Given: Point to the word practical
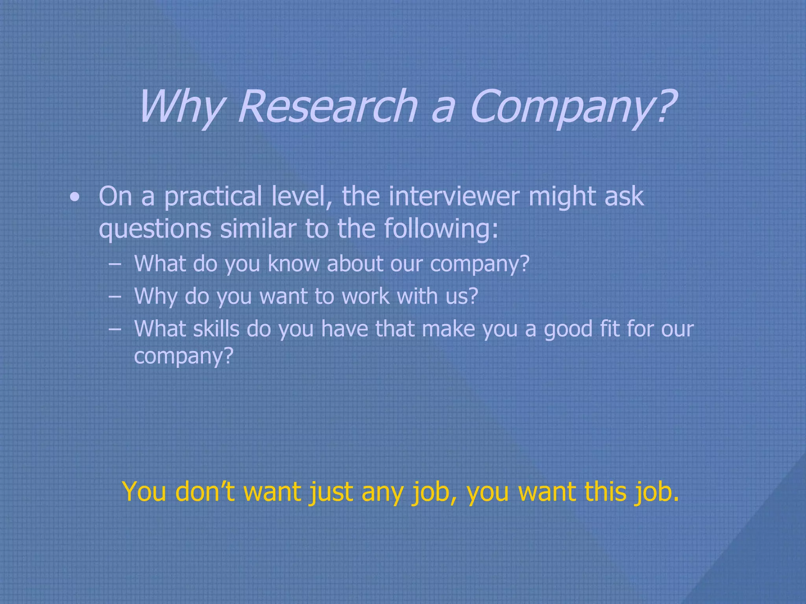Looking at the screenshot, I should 213,196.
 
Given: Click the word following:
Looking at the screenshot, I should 441,229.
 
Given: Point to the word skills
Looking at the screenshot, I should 216,328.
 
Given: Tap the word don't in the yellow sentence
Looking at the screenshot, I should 205,492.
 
